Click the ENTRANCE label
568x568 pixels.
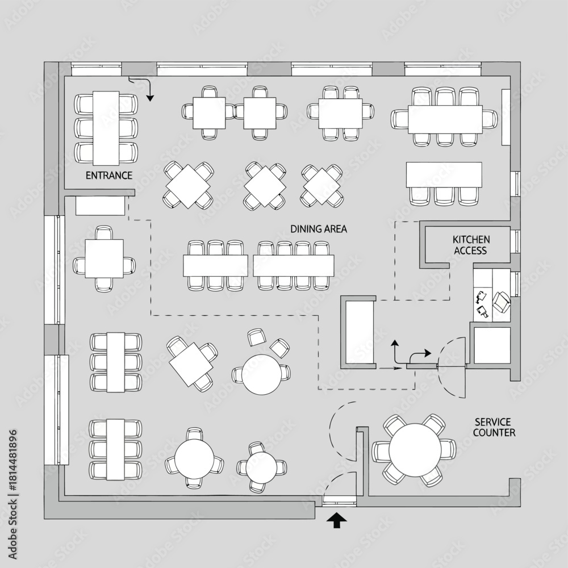click(x=108, y=176)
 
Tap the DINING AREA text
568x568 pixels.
click(x=319, y=229)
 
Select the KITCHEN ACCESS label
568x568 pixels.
click(x=471, y=245)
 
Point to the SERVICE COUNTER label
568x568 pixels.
click(x=494, y=427)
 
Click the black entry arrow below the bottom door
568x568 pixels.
click(x=336, y=520)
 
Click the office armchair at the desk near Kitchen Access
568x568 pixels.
click(x=502, y=302)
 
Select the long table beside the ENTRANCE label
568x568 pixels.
click(x=106, y=128)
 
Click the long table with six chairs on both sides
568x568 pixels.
click(x=445, y=119)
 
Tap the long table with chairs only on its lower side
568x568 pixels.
click(x=444, y=174)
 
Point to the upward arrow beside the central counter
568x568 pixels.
click(x=394, y=351)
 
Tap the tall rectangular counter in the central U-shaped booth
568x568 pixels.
click(x=359, y=332)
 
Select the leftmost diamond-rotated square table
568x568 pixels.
click(x=188, y=186)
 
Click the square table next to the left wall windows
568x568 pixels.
click(x=105, y=258)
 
